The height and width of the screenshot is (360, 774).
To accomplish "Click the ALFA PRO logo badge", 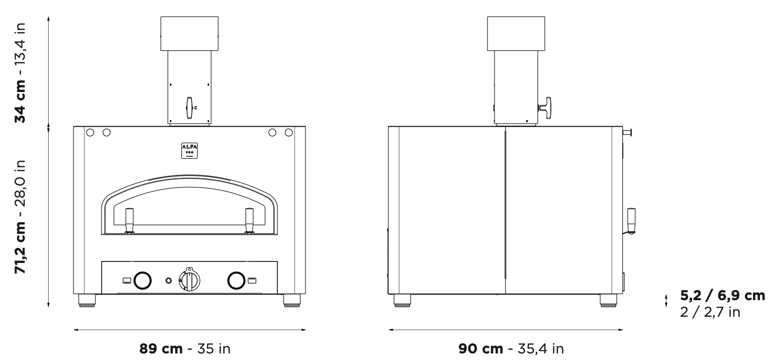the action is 189,151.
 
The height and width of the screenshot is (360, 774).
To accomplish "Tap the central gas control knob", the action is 189,280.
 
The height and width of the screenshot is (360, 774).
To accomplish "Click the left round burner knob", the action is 142,280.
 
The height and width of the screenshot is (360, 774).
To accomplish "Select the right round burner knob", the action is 236,280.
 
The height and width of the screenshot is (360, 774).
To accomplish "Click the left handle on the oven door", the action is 129,221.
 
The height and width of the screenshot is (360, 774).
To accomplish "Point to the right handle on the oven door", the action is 249,221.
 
